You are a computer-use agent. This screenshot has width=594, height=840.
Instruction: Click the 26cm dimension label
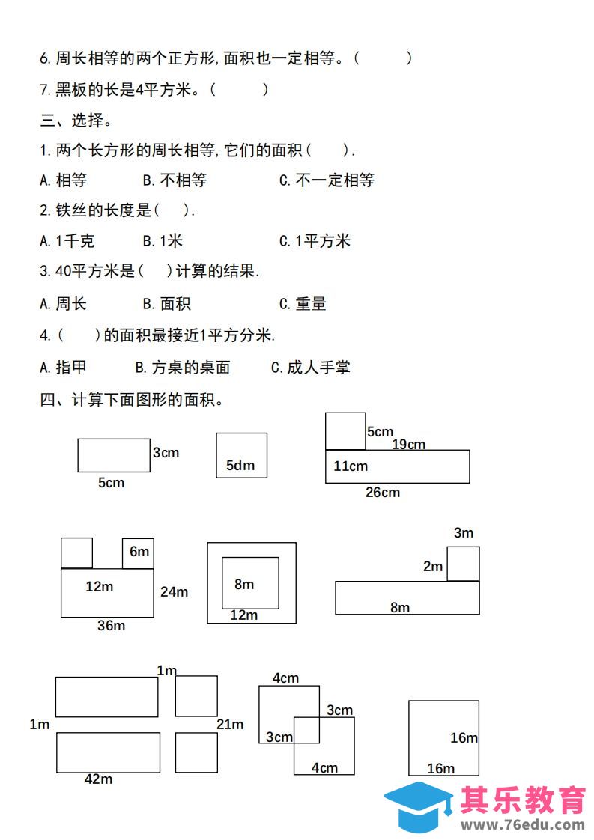[382, 492]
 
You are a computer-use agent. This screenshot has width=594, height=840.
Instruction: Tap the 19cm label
[408, 444]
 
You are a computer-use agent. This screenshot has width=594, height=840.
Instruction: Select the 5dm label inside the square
[240, 465]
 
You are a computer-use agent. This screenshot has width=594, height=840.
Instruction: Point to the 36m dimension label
[111, 625]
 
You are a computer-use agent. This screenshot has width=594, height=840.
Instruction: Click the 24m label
[174, 591]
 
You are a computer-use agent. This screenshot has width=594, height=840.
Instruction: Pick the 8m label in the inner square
[244, 584]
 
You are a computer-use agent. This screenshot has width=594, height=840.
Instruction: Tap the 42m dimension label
[98, 779]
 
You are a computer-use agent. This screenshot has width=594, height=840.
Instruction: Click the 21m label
[230, 724]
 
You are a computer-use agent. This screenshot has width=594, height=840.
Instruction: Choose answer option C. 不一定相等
[327, 180]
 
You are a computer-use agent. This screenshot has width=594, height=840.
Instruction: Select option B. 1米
[163, 241]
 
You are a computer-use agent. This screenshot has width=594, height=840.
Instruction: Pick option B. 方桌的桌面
[182, 368]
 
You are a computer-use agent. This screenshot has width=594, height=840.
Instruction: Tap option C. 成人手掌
[310, 368]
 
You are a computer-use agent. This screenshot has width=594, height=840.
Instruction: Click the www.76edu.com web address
[523, 825]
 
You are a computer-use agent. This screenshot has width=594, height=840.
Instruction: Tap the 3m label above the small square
[464, 532]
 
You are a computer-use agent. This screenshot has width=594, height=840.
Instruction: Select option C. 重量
[303, 304]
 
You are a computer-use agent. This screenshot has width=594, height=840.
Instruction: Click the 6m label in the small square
[139, 551]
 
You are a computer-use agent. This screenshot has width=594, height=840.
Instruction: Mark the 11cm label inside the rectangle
[351, 466]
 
